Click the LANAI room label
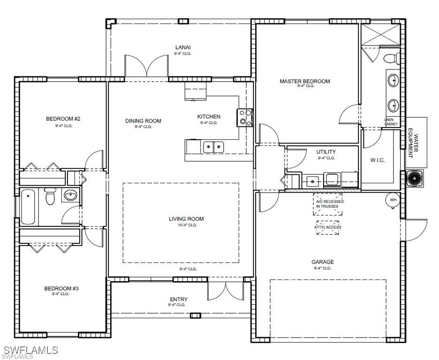(183, 47)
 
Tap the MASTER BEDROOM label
(305, 81)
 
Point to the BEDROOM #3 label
(61, 288)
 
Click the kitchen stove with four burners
(245, 118)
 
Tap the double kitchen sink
(213, 147)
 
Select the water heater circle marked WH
(394, 200)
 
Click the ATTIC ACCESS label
(327, 227)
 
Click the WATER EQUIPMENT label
(413, 143)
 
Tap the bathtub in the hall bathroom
(28, 207)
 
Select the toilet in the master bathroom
(392, 59)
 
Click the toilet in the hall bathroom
(50, 196)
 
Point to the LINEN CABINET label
(391, 122)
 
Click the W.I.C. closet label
(378, 160)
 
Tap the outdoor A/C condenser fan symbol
(414, 178)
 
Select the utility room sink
(312, 181)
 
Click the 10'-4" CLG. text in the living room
(186, 225)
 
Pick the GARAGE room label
(323, 262)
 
